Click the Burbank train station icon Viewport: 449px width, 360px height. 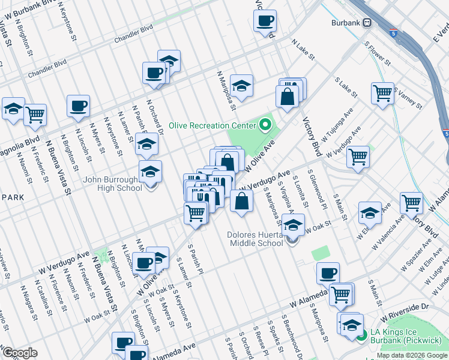[x=366, y=23]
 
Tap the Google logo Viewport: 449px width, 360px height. [x=20, y=353]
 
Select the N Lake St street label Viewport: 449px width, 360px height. [x=303, y=50]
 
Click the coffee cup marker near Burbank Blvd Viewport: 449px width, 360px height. [x=264, y=22]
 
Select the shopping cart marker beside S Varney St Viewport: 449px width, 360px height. [x=382, y=94]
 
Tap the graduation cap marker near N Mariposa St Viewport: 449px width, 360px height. [x=241, y=86]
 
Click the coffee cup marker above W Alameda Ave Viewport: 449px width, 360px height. [x=328, y=274]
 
